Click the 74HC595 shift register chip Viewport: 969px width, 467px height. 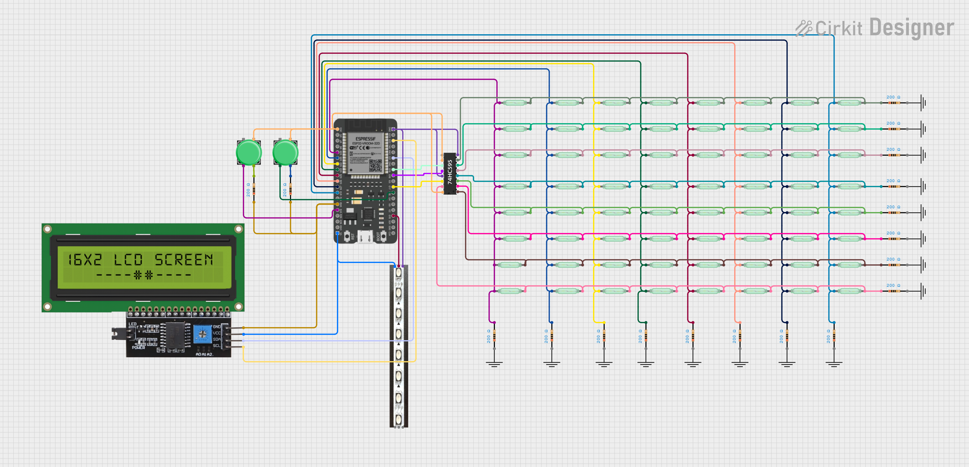(450, 174)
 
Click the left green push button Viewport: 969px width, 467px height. (249, 153)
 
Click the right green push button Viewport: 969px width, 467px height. (285, 153)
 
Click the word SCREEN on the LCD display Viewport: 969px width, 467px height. (183, 260)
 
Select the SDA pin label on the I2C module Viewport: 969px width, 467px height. (217, 339)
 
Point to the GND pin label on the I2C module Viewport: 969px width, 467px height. (217, 327)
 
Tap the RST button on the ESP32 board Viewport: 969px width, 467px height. (347, 236)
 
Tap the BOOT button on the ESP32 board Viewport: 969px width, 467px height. (383, 236)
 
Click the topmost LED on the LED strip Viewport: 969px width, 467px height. (398, 272)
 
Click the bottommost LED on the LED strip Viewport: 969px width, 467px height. (398, 419)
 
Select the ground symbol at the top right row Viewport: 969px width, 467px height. (923, 102)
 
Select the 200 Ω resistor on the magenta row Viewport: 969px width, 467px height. (894, 239)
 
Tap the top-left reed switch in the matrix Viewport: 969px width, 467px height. (514, 102)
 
